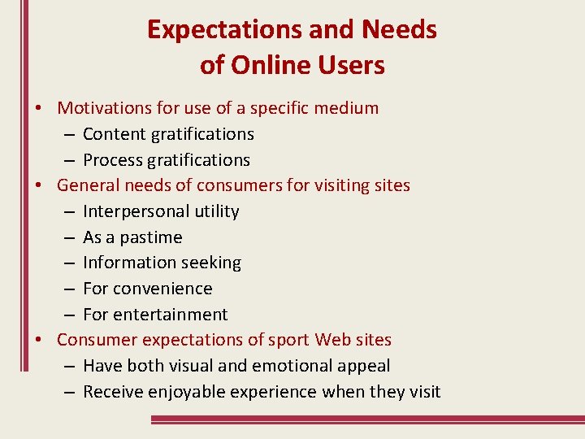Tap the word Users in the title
point(350,65)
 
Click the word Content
point(113,134)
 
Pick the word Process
point(113,160)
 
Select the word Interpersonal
point(136,211)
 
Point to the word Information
point(128,263)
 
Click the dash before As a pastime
point(68,237)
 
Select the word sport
point(288,340)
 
